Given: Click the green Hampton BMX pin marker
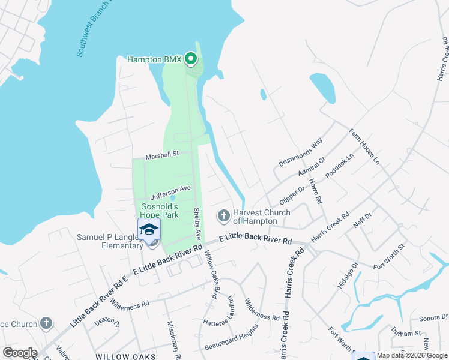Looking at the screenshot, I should coord(191,59).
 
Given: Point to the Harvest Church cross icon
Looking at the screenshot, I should coord(224,215).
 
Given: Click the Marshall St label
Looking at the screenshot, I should coord(162,154).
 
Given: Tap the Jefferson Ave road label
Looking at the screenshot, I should coord(170,192).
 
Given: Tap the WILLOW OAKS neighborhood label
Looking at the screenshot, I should coord(126,356).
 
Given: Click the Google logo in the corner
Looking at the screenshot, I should coord(20,353).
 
